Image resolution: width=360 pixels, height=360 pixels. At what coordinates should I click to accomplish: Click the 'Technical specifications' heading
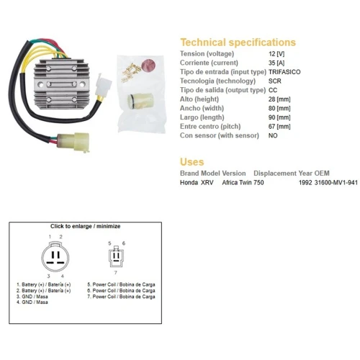click(238, 42)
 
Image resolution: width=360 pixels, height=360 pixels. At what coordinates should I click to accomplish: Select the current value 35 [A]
click(276, 63)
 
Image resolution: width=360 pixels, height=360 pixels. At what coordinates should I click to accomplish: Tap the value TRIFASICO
click(284, 72)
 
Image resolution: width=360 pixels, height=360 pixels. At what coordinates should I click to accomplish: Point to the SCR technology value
click(275, 81)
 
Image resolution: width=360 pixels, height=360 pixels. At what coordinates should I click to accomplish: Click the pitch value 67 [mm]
click(279, 127)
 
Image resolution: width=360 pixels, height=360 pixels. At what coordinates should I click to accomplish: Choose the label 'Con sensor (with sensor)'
click(220, 135)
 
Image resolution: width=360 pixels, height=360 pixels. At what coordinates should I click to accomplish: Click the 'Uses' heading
click(192, 162)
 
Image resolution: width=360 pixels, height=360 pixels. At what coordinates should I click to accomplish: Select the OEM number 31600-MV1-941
click(336, 183)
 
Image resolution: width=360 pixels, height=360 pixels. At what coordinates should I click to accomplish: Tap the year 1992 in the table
click(305, 183)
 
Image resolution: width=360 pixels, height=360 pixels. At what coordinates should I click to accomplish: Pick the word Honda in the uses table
click(189, 183)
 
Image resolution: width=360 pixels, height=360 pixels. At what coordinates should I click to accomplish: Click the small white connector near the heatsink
click(103, 86)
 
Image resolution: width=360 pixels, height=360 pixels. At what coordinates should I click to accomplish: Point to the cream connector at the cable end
click(73, 142)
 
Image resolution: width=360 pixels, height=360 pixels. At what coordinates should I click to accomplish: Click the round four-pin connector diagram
click(55, 256)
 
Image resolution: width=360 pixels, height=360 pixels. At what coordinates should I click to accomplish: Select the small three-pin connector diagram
click(116, 257)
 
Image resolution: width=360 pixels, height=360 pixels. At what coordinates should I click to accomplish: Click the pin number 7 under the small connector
click(116, 273)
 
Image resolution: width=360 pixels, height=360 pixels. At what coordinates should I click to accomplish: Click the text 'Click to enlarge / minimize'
click(85, 226)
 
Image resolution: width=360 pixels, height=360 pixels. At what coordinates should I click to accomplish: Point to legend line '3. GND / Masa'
click(32, 297)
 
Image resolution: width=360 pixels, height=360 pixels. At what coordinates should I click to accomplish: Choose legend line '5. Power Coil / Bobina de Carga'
click(121, 284)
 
